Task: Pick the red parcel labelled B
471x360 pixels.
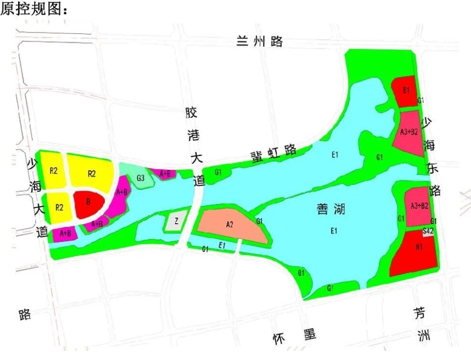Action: click(88, 202)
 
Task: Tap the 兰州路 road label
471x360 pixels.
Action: click(260, 41)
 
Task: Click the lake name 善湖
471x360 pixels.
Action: click(330, 210)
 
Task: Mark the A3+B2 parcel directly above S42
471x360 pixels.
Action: click(418, 206)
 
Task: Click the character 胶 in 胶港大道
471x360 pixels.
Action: click(191, 113)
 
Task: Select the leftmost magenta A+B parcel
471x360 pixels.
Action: click(65, 234)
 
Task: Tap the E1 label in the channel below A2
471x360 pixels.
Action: click(222, 245)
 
